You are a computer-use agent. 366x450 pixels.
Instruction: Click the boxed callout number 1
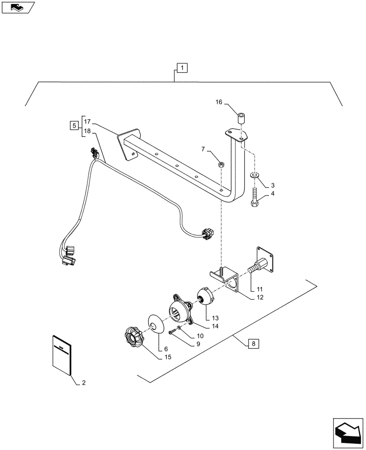pos(182,68)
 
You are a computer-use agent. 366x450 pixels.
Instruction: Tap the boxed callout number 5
pos(73,126)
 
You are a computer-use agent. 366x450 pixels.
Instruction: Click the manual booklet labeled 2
pos(62,355)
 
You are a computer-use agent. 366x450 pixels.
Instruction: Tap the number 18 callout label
pos(87,131)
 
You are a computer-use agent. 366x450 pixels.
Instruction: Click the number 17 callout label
pos(87,121)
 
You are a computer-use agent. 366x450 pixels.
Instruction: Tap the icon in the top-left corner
pos(17,7)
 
